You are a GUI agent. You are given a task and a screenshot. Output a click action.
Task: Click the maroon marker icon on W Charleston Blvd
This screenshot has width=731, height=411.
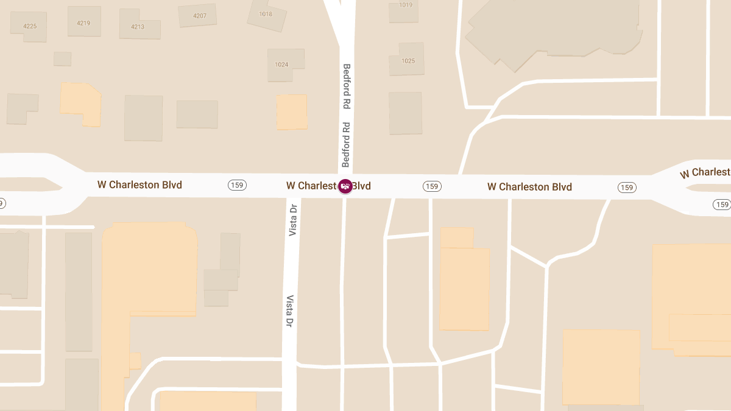coord(345,186)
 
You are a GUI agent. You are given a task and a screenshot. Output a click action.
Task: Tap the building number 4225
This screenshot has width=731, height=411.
coord(30,26)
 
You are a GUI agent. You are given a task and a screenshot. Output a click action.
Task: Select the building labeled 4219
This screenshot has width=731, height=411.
coord(83,23)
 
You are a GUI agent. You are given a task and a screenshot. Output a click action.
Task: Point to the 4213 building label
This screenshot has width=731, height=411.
coord(138,27)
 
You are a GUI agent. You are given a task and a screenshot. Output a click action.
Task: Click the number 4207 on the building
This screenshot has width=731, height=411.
coord(199,16)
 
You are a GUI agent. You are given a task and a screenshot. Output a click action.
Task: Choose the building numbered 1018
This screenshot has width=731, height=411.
coord(266,14)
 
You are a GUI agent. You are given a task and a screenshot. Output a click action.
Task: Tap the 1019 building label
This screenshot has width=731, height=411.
coord(406,5)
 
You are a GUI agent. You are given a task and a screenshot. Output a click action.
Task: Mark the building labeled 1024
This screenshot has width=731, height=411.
coord(281,64)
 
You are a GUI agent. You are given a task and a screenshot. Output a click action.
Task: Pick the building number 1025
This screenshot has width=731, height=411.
coord(408,61)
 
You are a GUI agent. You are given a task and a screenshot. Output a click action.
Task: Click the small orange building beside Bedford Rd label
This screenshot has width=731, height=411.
coord(292,112)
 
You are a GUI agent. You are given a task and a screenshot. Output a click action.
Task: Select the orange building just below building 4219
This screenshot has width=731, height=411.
coord(80,105)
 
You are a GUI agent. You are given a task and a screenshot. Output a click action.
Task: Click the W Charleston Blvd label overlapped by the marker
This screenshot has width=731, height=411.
coord(328,186)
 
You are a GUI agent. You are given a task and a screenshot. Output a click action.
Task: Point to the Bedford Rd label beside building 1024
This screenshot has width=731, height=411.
coord(347,86)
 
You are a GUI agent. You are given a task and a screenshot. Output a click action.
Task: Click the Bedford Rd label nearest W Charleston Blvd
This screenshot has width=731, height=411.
coord(346,144)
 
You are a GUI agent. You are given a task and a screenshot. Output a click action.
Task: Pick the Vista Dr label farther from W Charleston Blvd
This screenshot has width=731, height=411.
coord(291,311)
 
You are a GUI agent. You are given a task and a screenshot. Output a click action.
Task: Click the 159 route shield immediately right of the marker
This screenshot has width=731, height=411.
coord(432,186)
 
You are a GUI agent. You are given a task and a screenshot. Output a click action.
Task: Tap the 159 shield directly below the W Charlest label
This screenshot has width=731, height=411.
coord(722,205)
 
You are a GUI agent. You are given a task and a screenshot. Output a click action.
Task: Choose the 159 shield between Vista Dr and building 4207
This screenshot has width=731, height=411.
coord(237,185)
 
